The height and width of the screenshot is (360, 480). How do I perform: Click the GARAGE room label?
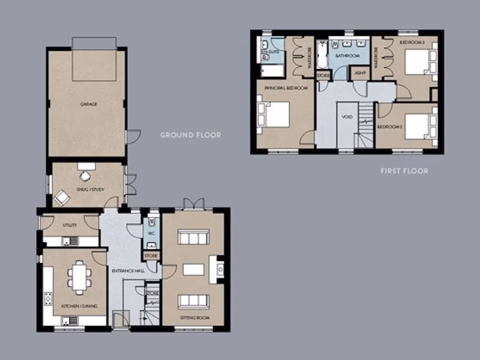click(88, 104)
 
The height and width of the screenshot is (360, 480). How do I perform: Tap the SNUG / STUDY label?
click(91, 189)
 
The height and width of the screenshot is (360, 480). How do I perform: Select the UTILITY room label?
click(70, 225)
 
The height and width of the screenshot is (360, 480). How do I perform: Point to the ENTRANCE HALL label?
click(127, 271)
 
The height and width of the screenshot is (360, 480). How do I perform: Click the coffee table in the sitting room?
click(194, 270)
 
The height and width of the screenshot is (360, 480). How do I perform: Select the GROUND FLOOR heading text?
click(190, 135)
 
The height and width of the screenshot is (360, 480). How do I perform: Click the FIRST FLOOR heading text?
click(404, 171)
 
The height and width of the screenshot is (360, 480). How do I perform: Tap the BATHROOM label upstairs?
click(347, 56)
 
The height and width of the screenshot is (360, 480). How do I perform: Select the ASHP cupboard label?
click(360, 73)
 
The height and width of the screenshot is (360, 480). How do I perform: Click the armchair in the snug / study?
click(62, 198)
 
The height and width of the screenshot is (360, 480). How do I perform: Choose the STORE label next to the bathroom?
click(323, 75)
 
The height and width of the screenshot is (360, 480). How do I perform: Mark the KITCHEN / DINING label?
click(79, 306)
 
